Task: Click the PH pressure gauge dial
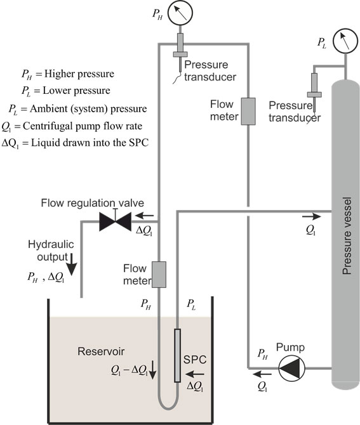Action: point(180,13)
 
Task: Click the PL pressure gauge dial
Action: point(345,41)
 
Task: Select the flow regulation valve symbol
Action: point(116,221)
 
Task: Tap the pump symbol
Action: point(292,369)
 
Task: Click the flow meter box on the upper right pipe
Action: point(248,112)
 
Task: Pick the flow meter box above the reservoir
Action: point(159,275)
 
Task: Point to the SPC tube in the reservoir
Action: point(177,355)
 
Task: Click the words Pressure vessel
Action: point(347,236)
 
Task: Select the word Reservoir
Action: point(101,351)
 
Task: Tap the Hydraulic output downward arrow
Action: point(72,265)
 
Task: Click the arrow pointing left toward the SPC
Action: point(195,374)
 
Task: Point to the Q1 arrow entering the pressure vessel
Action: point(312,216)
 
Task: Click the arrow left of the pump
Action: point(262,374)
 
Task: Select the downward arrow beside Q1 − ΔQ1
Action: point(152,370)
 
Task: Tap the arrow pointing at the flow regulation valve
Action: point(144,216)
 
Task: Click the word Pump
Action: point(290,348)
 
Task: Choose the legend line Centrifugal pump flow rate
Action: point(72,126)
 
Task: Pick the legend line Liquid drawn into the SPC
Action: point(75,143)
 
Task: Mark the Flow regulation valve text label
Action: point(93,203)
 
